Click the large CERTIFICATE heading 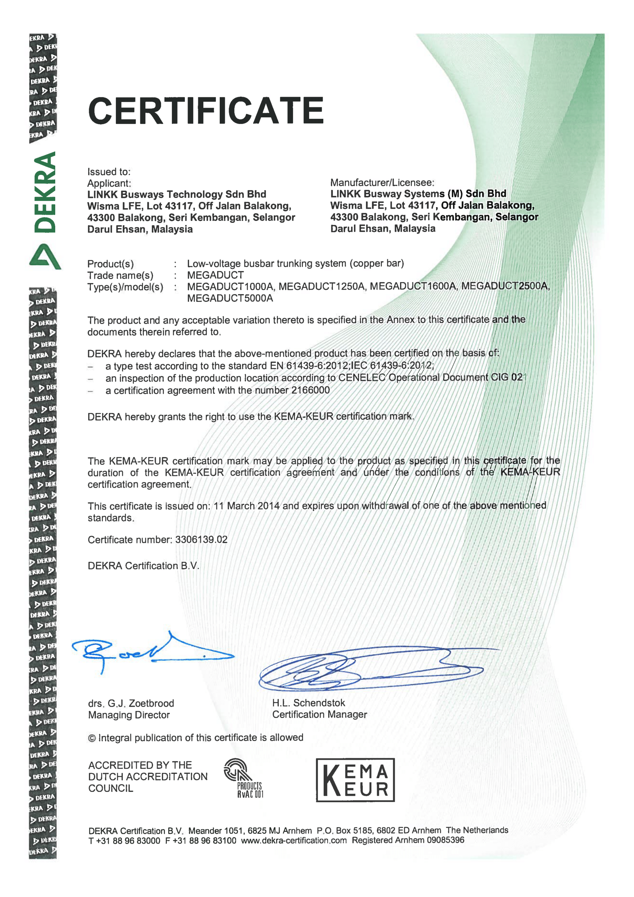tap(206, 110)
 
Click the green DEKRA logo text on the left tap(44, 192)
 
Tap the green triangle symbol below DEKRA tap(45, 257)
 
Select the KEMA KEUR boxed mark tap(355, 780)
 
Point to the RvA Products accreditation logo tap(244, 777)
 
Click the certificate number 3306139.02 tap(201, 540)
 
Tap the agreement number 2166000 tap(311, 390)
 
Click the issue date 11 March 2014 tap(247, 506)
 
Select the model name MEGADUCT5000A tap(230, 298)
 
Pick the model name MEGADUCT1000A tap(230, 286)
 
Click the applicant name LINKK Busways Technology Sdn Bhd tap(176, 194)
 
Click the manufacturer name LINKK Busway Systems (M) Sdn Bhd tap(418, 194)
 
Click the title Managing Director tap(129, 715)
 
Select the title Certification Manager tap(319, 714)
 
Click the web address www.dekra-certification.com tap(294, 840)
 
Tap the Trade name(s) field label tap(120, 275)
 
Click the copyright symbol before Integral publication tap(92, 738)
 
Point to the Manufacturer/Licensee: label tap(382, 183)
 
